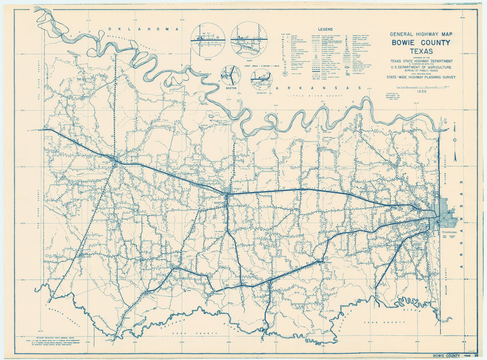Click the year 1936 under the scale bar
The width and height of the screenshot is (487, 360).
(x=422, y=91)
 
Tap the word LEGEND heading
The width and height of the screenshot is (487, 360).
(x=325, y=27)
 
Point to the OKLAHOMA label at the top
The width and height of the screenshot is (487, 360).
(x=143, y=29)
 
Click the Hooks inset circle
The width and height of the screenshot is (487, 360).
(x=207, y=39)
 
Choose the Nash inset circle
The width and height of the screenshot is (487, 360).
(x=249, y=38)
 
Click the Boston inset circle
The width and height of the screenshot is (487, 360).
(x=231, y=75)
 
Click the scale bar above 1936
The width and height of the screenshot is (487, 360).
(x=422, y=86)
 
